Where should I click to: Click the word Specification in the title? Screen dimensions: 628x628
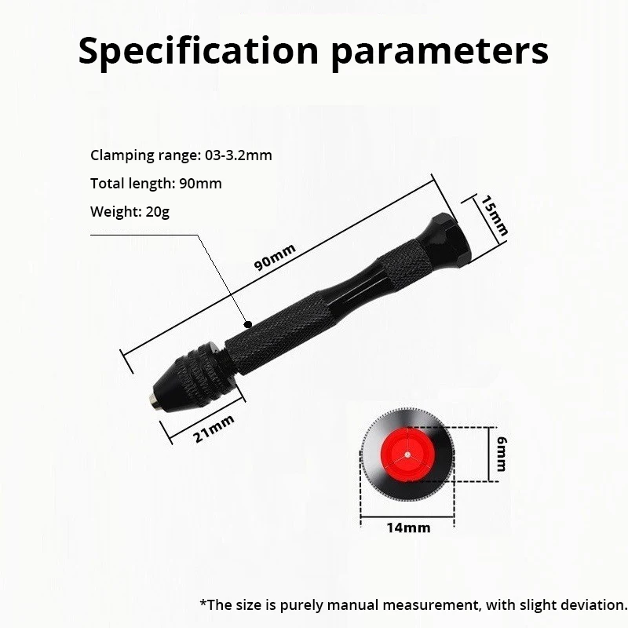tap(199, 51)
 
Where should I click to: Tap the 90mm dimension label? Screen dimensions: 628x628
tap(276, 257)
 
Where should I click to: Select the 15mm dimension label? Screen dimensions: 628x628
tap(495, 216)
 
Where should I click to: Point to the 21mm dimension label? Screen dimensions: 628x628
tap(214, 429)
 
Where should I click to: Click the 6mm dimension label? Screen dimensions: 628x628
tap(502, 454)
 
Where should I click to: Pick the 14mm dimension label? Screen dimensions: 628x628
tap(408, 528)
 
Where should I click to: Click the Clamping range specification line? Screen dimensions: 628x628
tap(181, 155)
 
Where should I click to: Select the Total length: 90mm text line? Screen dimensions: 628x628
tap(155, 183)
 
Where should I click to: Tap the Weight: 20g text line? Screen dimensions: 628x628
tap(130, 211)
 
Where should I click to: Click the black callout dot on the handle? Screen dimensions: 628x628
tap(248, 324)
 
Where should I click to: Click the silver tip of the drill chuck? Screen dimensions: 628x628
tap(152, 399)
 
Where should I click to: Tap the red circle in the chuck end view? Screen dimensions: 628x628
tap(407, 455)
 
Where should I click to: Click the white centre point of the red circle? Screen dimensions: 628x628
tap(407, 455)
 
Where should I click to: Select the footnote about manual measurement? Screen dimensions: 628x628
tap(414, 604)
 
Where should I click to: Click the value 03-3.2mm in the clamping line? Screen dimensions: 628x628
tap(239, 155)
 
